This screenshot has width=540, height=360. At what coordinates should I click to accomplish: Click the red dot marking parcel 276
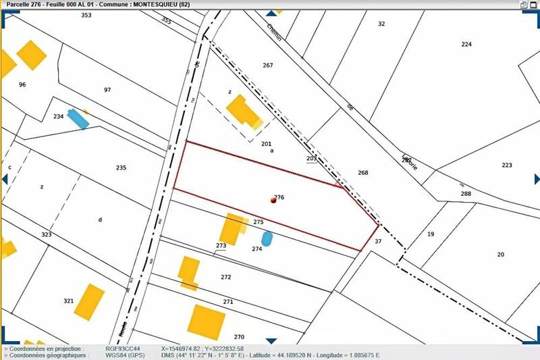(273, 200)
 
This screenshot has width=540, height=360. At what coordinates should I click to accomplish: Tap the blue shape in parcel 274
(267, 238)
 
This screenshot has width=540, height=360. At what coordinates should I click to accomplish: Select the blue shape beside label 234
(78, 118)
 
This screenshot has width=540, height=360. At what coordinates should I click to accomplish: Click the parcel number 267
(267, 66)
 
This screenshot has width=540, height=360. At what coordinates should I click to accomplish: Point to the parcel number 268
(363, 173)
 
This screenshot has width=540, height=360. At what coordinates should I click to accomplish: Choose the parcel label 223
(507, 165)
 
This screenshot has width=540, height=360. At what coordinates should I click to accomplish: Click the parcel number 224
(466, 44)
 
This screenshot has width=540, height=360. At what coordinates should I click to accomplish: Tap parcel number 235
(121, 168)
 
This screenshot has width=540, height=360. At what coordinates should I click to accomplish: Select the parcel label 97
(107, 90)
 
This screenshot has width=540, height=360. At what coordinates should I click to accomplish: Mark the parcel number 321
(68, 301)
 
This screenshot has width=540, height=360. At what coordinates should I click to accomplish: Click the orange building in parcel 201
(242, 111)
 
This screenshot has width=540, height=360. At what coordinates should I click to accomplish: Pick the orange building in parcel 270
(206, 322)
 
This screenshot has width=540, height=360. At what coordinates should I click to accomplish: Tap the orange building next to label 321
(89, 301)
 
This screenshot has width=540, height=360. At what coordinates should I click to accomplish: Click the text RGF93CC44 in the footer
(123, 349)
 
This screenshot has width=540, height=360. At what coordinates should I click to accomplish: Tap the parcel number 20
(500, 255)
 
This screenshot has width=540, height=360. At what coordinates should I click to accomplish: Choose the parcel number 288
(466, 194)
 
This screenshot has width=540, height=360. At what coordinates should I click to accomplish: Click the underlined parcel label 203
(311, 158)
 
